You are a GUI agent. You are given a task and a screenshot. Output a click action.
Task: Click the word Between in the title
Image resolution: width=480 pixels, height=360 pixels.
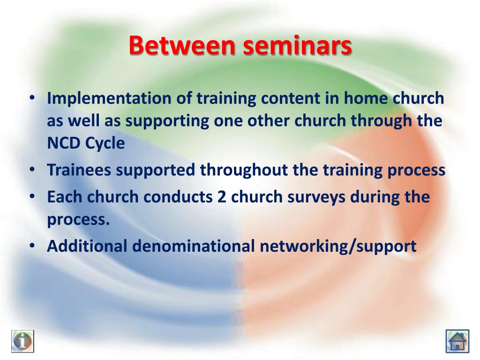pos(182,45)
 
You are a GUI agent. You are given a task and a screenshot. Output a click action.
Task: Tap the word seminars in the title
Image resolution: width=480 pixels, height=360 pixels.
pos(297,45)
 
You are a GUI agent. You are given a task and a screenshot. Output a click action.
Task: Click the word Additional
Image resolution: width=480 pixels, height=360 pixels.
pos(87,246)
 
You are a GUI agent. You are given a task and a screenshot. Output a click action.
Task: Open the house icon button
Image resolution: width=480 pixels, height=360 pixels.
pos(457,341)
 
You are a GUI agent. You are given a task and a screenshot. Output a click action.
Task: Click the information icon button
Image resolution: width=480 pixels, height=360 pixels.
pos(22,341)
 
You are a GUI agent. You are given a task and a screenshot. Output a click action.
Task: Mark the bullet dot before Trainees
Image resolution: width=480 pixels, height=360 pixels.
pos(32,169)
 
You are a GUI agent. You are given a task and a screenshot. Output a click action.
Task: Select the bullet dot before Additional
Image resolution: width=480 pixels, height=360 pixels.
pos(32,246)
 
